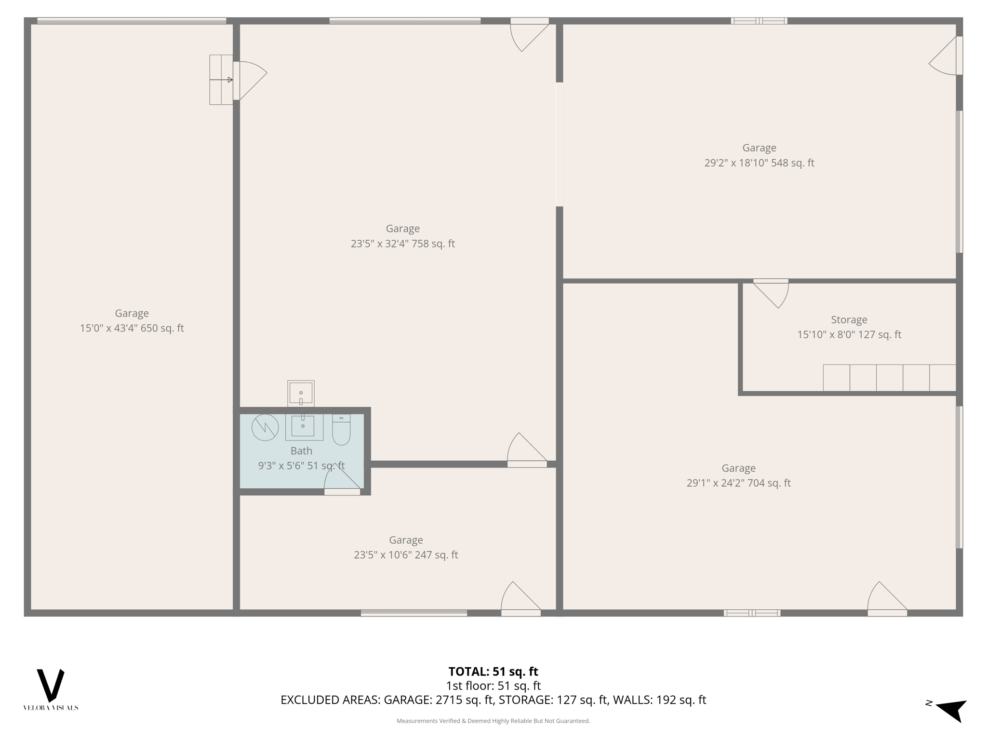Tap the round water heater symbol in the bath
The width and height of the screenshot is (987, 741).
(x=265, y=427)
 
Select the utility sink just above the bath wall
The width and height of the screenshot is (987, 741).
(x=301, y=393)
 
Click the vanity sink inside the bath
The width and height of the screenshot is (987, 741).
(x=303, y=427)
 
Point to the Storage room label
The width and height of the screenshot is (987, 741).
(x=849, y=319)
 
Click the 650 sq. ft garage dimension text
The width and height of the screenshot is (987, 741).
(x=132, y=328)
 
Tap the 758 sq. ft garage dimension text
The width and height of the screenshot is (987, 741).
(x=402, y=244)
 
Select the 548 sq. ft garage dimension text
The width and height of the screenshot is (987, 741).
(x=759, y=163)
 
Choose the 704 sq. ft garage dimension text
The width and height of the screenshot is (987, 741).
(x=738, y=483)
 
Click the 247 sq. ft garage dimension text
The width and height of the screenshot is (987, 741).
(x=406, y=555)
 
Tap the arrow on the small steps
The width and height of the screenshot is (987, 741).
(x=222, y=80)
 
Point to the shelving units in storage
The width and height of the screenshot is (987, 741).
(x=889, y=378)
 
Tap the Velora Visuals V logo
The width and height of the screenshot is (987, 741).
(x=51, y=685)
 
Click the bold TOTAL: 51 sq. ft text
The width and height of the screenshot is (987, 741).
(x=493, y=672)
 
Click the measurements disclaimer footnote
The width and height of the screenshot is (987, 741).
(x=493, y=721)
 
